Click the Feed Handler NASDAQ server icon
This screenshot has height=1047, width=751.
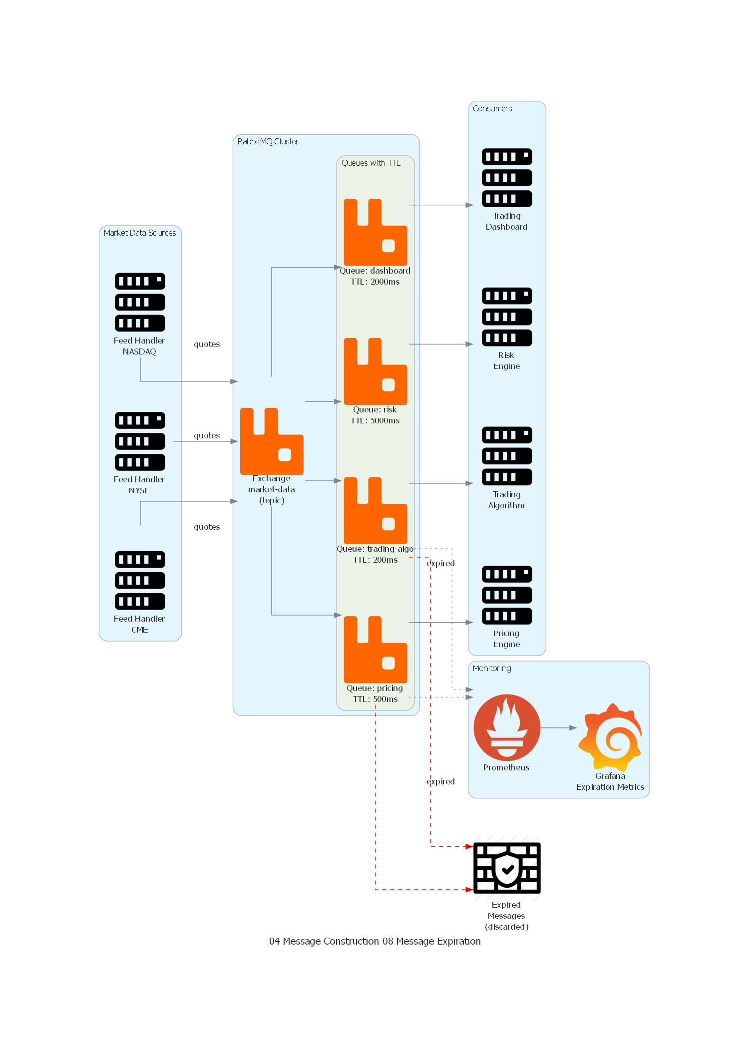tap(140, 302)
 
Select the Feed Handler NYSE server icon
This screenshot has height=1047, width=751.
tap(140, 441)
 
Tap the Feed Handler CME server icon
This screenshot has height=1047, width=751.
tap(140, 580)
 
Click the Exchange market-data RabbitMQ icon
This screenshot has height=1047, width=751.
tap(272, 441)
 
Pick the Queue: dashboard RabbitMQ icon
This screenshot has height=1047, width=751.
tap(375, 232)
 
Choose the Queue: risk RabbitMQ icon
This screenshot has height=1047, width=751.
tap(375, 371)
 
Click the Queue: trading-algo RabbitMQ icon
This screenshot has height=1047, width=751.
tap(375, 510)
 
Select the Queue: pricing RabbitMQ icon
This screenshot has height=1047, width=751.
tap(375, 649)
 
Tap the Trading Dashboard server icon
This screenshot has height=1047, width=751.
tap(507, 177)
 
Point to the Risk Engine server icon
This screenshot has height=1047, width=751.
tap(507, 317)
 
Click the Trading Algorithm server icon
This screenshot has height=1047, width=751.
tap(507, 455)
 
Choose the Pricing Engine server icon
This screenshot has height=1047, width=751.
tap(507, 595)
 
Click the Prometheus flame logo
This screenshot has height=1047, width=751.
tap(507, 727)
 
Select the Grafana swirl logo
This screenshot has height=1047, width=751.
tap(610, 736)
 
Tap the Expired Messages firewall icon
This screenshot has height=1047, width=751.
tap(507, 868)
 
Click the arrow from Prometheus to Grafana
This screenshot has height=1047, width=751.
tap(558, 727)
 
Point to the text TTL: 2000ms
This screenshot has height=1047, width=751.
tap(375, 282)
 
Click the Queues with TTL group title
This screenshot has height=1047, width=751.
tap(371, 163)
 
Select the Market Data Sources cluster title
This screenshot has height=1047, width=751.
tap(140, 233)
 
